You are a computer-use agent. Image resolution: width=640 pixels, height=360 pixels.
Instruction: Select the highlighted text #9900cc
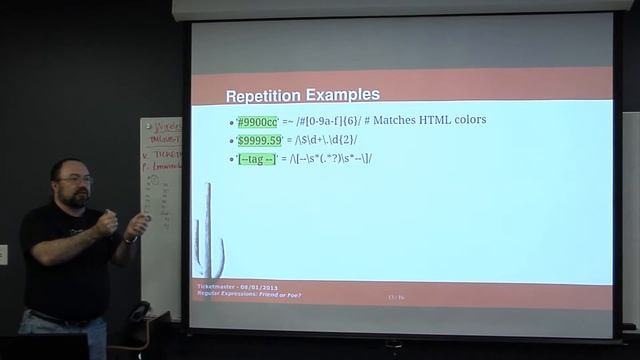[x=257, y=121]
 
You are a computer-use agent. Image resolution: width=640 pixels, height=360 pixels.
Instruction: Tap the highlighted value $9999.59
[x=259, y=140]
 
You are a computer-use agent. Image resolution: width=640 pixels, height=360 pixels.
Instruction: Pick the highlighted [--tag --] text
[x=255, y=159]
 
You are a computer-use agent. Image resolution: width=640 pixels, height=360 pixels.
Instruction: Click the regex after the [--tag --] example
[x=331, y=159]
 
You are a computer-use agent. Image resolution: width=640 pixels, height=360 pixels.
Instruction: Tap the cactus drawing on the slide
[x=211, y=233]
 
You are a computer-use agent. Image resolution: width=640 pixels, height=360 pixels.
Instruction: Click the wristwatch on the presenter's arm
[x=130, y=238]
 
